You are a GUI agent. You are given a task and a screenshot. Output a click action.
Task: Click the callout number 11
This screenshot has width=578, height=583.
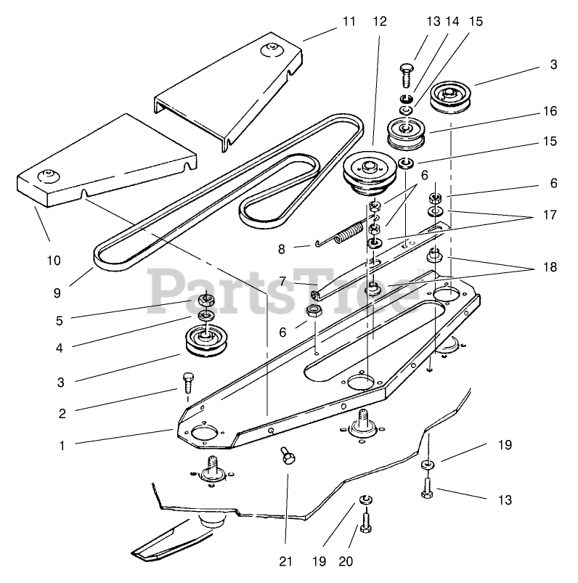[x=349, y=21]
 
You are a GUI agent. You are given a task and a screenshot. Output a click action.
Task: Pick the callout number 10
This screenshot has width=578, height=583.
[x=54, y=260]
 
